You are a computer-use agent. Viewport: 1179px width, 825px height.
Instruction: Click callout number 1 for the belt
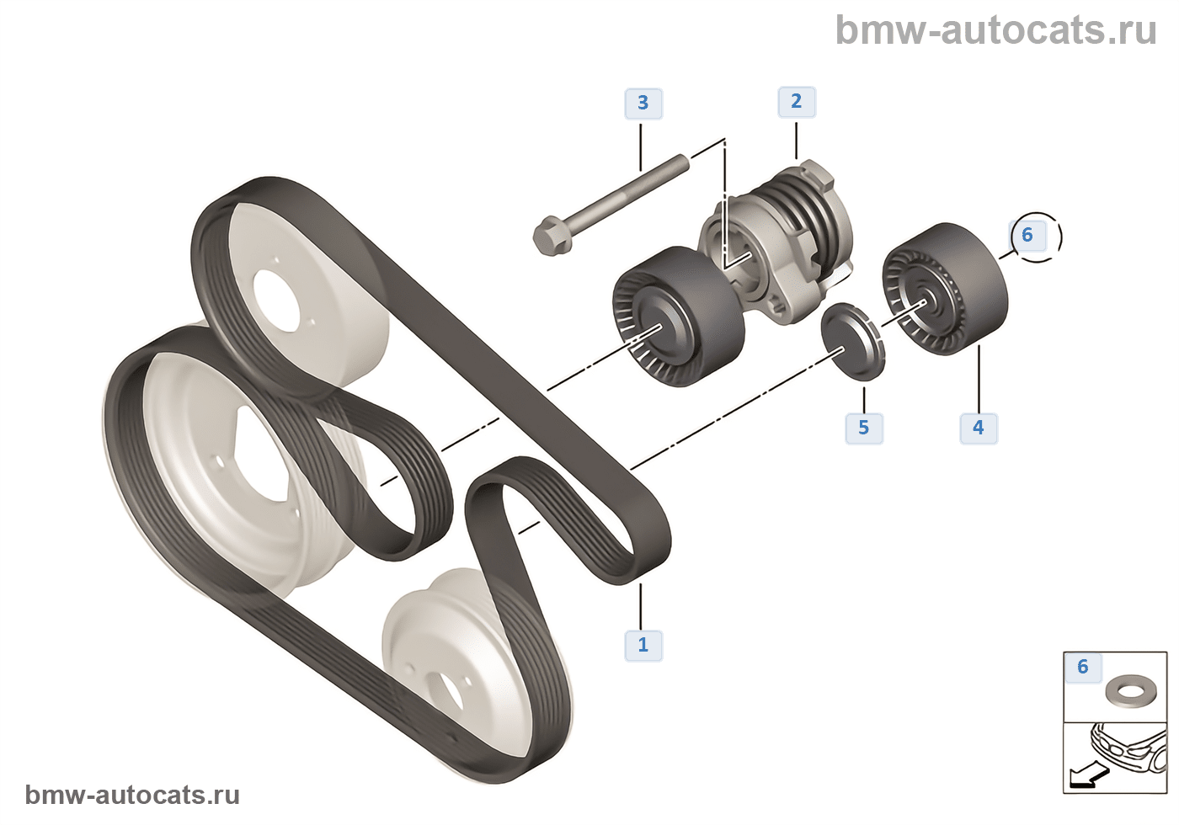643,645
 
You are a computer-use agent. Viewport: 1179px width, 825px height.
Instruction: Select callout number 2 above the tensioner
796,102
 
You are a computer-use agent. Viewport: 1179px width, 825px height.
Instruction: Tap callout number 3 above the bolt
643,104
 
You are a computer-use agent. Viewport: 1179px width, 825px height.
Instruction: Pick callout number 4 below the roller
978,428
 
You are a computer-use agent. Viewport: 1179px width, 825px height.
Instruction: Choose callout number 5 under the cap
863,428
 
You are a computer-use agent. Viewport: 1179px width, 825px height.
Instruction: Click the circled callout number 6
1028,235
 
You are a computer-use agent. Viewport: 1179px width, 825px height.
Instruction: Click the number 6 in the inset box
1083,668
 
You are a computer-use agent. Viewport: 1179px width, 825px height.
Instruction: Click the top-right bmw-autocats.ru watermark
995,30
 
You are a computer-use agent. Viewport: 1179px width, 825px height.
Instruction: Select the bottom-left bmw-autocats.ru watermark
132,795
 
